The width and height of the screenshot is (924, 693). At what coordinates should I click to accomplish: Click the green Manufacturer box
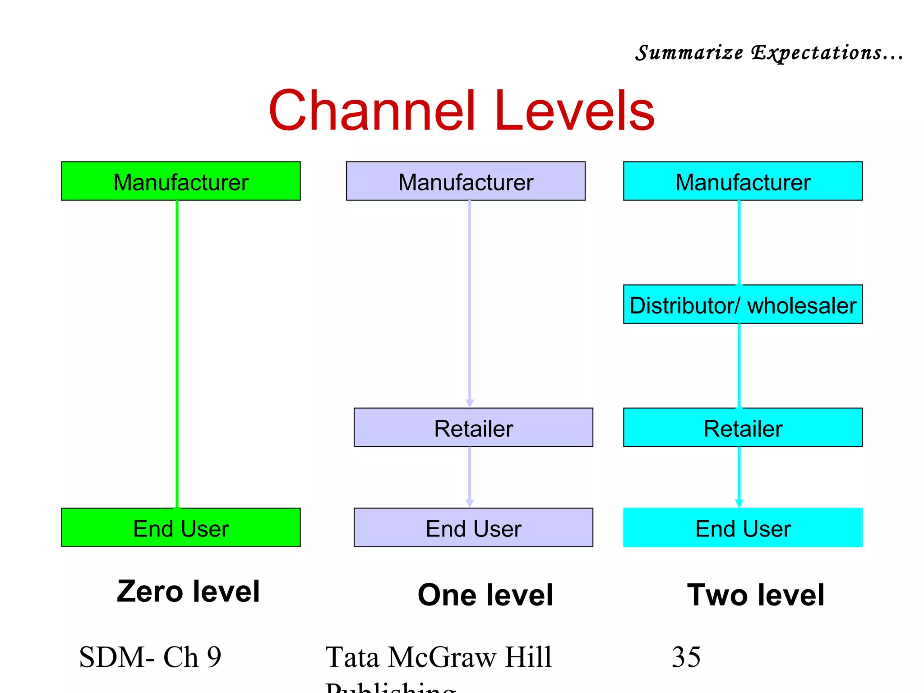(180, 181)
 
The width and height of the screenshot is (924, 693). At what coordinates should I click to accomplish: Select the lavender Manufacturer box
(466, 181)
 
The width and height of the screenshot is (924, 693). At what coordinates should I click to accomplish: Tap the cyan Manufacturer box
(743, 181)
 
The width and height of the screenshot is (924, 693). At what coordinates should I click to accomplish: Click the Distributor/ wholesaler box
(743, 305)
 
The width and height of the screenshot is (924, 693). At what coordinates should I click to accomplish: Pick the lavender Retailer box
(473, 427)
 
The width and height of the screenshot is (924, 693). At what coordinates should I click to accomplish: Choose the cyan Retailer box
(743, 427)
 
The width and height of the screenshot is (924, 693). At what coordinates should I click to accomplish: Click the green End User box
(180, 527)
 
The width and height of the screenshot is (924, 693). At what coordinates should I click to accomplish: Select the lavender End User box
(473, 527)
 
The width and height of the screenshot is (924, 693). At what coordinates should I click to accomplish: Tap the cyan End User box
(743, 527)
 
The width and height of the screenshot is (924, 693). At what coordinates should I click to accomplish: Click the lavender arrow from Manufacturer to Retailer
(470, 302)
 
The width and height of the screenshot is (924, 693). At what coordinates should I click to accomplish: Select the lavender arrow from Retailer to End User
(470, 476)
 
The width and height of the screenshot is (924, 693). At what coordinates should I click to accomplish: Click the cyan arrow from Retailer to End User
(739, 476)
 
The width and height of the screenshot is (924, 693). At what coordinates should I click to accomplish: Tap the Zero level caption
(188, 591)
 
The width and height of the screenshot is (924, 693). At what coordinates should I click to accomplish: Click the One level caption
(485, 595)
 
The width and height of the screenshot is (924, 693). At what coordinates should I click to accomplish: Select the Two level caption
(756, 595)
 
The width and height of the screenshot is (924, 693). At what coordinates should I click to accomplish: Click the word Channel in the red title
(372, 111)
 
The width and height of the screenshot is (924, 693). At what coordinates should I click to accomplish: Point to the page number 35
(686, 657)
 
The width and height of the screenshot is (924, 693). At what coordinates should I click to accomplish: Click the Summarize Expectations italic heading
(769, 53)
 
